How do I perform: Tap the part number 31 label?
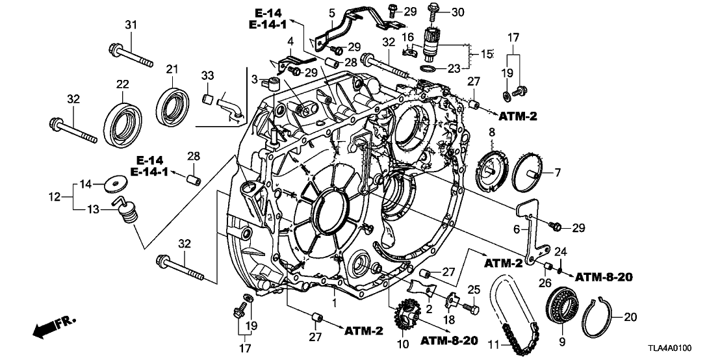tap(132, 25)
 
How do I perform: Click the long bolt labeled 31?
tap(133, 55)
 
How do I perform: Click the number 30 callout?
tap(458, 11)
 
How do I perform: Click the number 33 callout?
tap(208, 76)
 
